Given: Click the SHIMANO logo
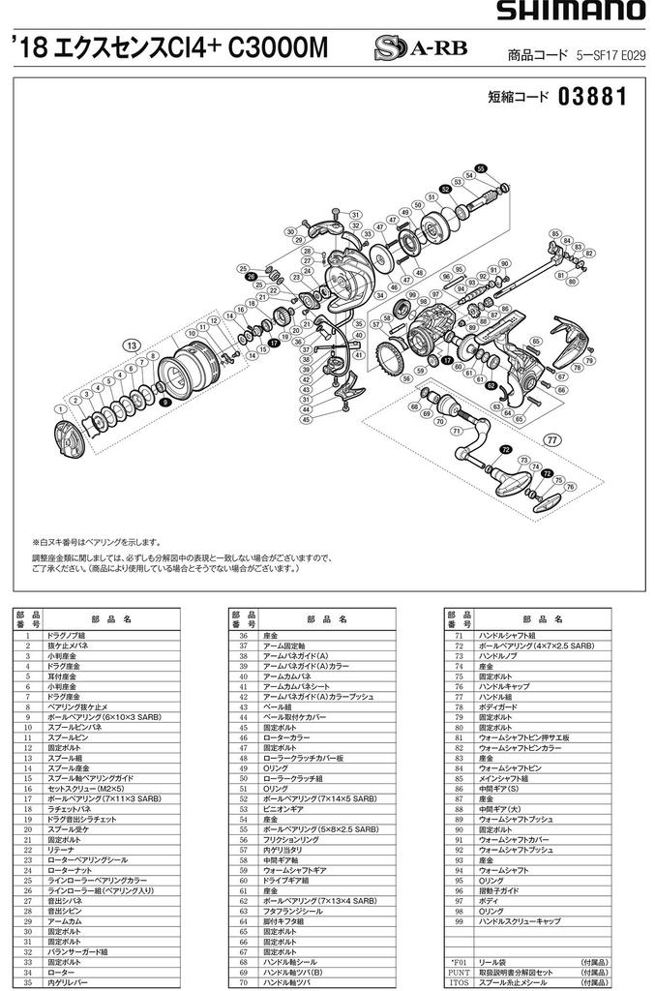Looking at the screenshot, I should (572, 12).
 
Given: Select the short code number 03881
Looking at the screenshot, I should (593, 98).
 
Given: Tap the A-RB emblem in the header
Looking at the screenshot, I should (407, 51).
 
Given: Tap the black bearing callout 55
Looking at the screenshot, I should (481, 166).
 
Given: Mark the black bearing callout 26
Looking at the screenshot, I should (251, 277).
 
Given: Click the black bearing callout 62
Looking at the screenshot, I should (491, 384).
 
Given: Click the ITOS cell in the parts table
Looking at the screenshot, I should (458, 981).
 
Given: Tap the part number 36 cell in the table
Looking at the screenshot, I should (241, 634).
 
